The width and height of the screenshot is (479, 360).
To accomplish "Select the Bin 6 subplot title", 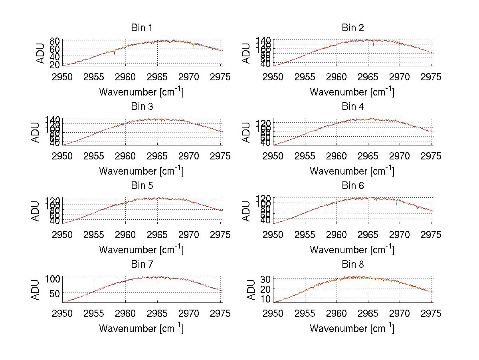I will [x=353, y=186].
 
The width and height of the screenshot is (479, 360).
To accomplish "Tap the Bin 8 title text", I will [x=353, y=265].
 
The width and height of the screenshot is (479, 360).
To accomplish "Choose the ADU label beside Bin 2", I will [x=247, y=53].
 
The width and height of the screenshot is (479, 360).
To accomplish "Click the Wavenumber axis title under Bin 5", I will [x=141, y=250].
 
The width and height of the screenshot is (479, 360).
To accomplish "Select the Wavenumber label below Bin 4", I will [x=352, y=171].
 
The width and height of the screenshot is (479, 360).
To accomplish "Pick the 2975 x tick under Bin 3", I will [x=221, y=156].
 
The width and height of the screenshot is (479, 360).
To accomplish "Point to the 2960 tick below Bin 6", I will [x=336, y=235].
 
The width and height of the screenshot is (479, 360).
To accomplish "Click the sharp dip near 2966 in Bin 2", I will [x=373, y=44].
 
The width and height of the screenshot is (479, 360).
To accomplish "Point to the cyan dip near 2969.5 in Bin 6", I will [x=396, y=203].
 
